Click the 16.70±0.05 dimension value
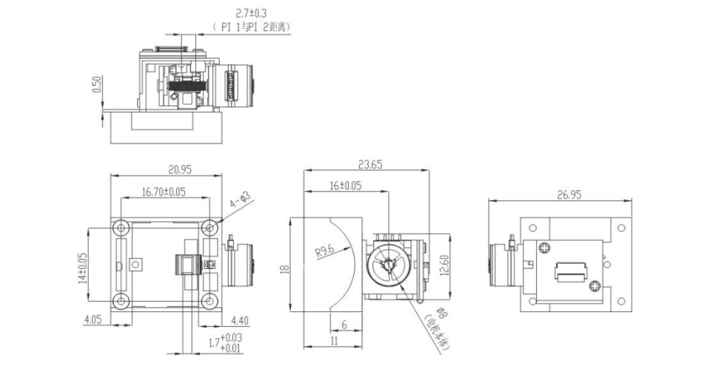[164, 192]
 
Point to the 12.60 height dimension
[443, 264]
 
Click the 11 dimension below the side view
[334, 341]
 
